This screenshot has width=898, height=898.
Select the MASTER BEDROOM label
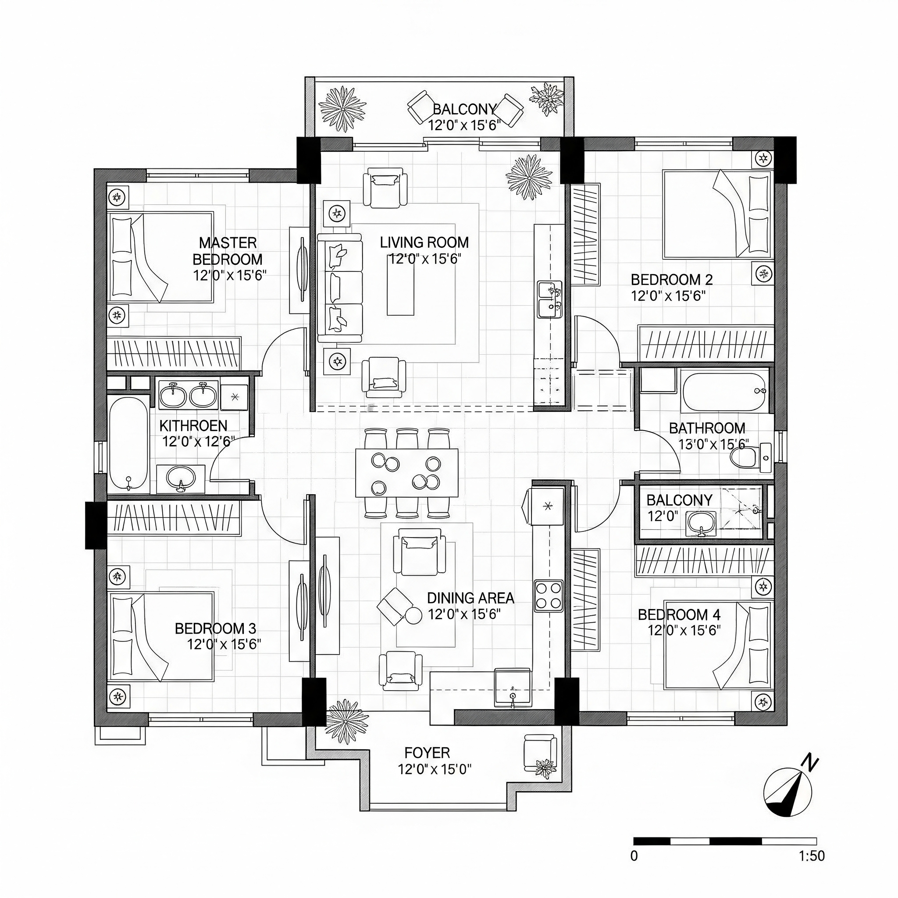coord(228,251)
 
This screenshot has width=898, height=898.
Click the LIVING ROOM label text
coord(424,242)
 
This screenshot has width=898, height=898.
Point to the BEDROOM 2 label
coord(672,280)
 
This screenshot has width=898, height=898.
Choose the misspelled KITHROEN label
coord(193,426)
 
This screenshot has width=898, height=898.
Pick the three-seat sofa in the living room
coord(340,288)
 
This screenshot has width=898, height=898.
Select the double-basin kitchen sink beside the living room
coord(550,299)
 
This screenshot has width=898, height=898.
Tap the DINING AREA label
coord(470,598)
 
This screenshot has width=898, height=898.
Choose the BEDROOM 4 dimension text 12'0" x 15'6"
coord(684,631)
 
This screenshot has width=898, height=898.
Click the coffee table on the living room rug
coord(400,285)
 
